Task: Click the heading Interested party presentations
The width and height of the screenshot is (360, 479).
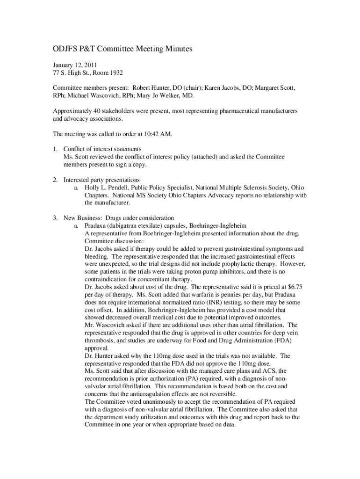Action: pos(101,180)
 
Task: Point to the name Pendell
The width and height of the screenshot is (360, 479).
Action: pos(119,188)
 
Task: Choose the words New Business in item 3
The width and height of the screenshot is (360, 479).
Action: pos(83,218)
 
